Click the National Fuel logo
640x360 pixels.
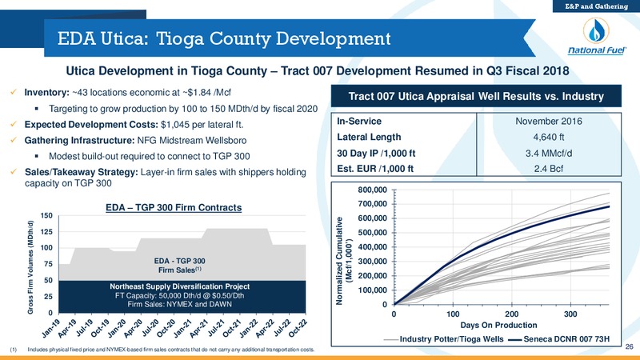[x=596, y=37]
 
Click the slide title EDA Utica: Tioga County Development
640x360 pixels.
[x=224, y=38]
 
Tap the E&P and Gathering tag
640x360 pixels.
[x=596, y=6]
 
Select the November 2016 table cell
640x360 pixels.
[x=549, y=122]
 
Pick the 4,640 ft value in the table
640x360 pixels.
[x=549, y=137]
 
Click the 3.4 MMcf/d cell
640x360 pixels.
[x=549, y=153]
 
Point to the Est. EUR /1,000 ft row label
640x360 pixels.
[x=375, y=169]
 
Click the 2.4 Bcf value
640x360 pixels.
[x=549, y=169]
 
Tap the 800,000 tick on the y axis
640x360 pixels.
[x=372, y=190]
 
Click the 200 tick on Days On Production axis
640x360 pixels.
[x=512, y=314]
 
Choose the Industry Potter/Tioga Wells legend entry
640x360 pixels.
[x=444, y=339]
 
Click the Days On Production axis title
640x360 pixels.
[x=498, y=325]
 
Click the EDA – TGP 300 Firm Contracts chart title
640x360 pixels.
[x=174, y=208]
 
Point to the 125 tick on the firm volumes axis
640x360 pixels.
[x=46, y=232]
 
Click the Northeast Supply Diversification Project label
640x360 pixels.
[x=179, y=286]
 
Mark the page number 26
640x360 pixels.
[x=629, y=346]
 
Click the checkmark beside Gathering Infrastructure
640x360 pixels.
[x=14, y=140]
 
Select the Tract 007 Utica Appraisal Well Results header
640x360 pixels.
[x=476, y=96]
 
